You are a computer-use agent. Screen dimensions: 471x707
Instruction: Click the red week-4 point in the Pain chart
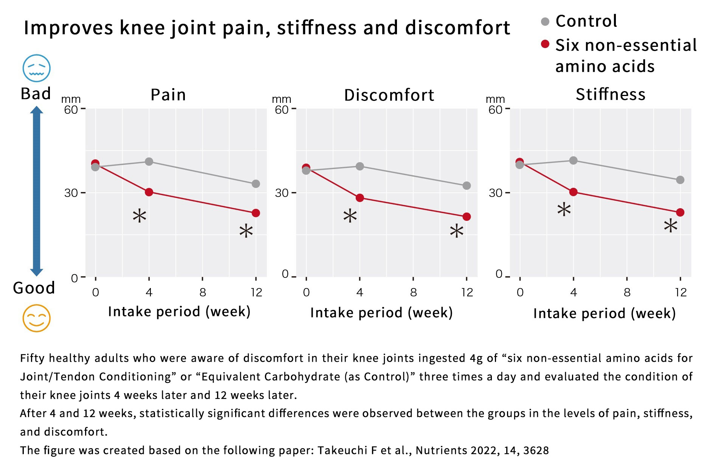(149, 192)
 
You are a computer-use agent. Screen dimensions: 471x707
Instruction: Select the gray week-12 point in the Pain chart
(256, 184)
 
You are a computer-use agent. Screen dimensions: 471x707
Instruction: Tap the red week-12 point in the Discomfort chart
(467, 217)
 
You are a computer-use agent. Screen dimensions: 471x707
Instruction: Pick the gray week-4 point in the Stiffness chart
(573, 160)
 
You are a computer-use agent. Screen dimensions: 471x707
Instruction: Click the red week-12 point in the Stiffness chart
(680, 212)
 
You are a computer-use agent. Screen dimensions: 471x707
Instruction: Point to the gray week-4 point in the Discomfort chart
(360, 166)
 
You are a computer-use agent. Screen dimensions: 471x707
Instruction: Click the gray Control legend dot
(545, 22)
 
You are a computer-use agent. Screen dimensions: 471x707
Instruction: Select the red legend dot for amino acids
(545, 44)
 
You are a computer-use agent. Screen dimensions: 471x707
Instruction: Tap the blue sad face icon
(36, 68)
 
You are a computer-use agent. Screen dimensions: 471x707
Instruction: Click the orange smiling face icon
(36, 318)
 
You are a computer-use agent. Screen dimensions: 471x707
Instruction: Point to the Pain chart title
(168, 95)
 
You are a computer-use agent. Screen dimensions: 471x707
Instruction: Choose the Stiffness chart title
(611, 94)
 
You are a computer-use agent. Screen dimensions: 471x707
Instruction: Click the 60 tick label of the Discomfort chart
(282, 110)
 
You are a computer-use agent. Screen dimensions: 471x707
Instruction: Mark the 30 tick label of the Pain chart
(71, 193)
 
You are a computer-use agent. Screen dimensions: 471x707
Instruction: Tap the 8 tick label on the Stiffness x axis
(627, 292)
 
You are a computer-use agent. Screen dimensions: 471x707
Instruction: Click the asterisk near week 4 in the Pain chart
(140, 216)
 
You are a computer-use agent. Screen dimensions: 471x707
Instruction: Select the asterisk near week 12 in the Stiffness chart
(670, 226)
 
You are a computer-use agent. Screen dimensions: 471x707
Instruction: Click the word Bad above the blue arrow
(36, 93)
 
